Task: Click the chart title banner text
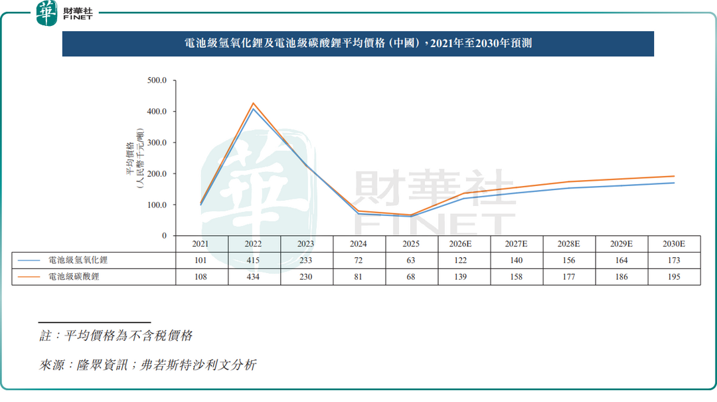(x=357, y=44)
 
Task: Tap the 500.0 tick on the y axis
(x=157, y=80)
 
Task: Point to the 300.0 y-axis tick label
(x=157, y=143)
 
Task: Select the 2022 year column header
(x=254, y=244)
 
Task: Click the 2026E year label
(x=463, y=244)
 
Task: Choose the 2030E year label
(x=673, y=244)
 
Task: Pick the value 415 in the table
(x=254, y=260)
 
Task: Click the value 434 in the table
(x=254, y=276)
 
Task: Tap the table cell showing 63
(x=411, y=260)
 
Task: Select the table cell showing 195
(x=673, y=276)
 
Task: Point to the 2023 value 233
(x=306, y=260)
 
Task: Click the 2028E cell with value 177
(x=568, y=276)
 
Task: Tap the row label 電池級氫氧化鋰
(x=78, y=260)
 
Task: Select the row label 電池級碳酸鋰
(x=74, y=276)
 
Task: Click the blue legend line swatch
(x=31, y=260)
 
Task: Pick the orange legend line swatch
(x=31, y=276)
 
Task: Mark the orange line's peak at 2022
(x=253, y=104)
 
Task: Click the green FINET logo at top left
(x=46, y=13)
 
